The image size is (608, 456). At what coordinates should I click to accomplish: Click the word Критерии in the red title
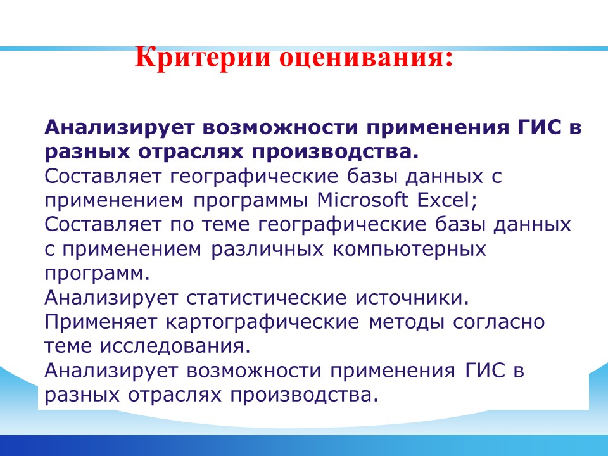[x=203, y=58]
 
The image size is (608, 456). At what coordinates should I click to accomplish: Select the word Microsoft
[x=362, y=200]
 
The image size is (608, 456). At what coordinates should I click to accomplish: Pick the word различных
[x=267, y=249]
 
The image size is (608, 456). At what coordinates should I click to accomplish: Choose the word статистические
[x=267, y=298]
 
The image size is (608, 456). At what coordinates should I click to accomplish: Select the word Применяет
[x=101, y=322]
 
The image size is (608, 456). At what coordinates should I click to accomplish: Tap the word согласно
[x=499, y=322]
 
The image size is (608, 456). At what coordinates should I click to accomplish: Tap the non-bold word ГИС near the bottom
[x=484, y=370]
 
